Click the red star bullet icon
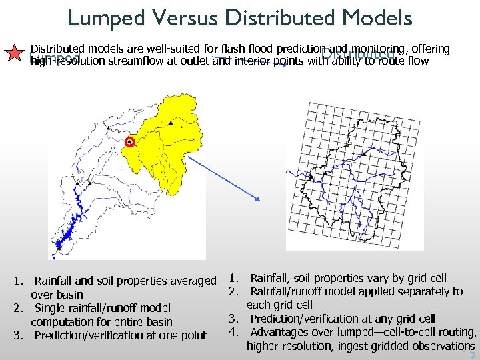click(x=14, y=55)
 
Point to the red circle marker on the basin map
click(x=130, y=142)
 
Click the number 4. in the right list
click(x=234, y=332)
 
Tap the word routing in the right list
click(x=457, y=332)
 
